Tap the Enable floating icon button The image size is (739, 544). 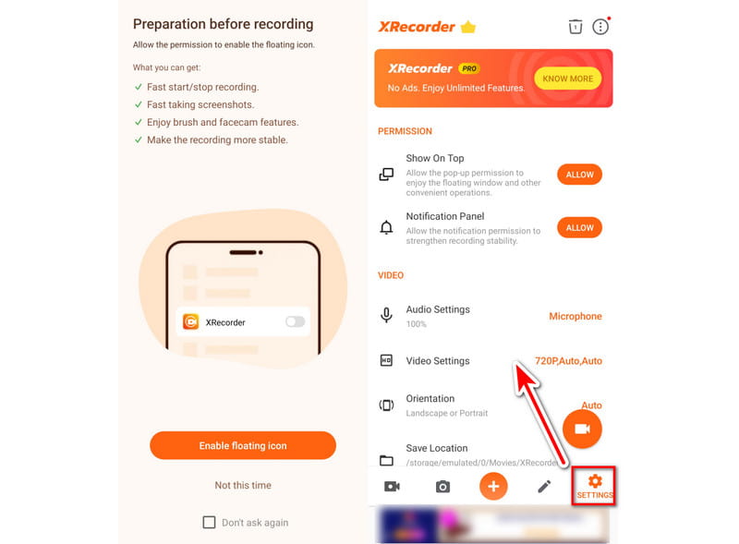[x=243, y=445]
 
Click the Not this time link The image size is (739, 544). [x=243, y=485]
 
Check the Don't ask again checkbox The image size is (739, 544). [x=209, y=523]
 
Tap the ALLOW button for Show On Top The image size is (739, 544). [x=579, y=175]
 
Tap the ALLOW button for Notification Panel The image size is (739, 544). [x=579, y=228]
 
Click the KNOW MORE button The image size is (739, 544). [x=567, y=79]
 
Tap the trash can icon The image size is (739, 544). [x=575, y=27]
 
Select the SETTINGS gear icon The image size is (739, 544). [x=595, y=481]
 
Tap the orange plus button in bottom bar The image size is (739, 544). [x=493, y=486]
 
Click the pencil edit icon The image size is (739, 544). [x=544, y=487]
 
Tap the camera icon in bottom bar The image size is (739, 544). [x=442, y=487]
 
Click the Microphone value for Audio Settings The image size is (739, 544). [x=575, y=316]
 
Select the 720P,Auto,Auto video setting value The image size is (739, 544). [x=568, y=360]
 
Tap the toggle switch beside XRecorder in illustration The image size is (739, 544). [x=295, y=321]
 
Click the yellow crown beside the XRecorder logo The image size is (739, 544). [x=468, y=27]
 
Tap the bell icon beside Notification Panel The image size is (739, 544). [x=386, y=228]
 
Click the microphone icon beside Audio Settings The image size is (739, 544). [x=386, y=315]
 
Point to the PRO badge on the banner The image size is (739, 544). [x=469, y=68]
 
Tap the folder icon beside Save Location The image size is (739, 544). [x=386, y=460]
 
